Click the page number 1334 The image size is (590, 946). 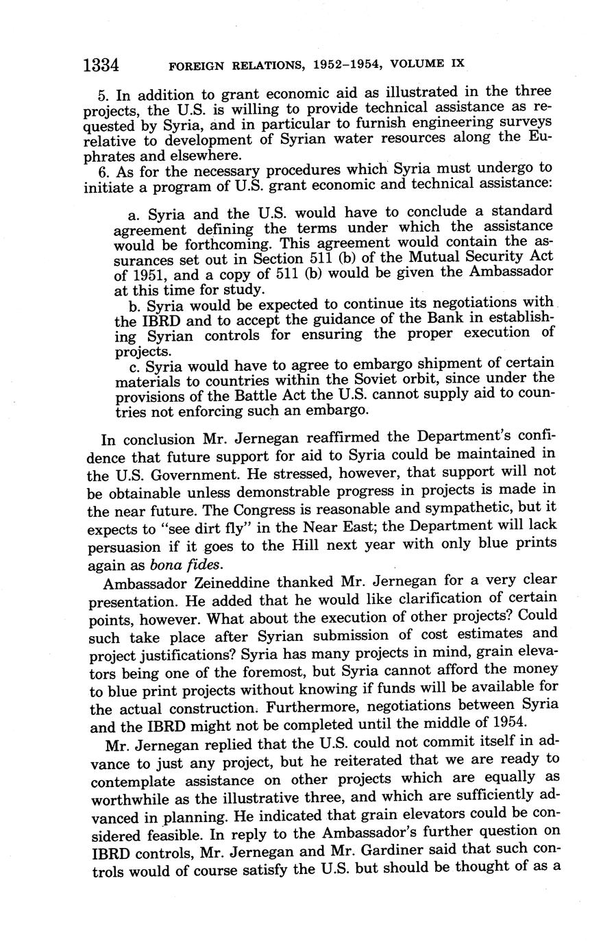[101, 65]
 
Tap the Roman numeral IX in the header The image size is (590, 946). [458, 62]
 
